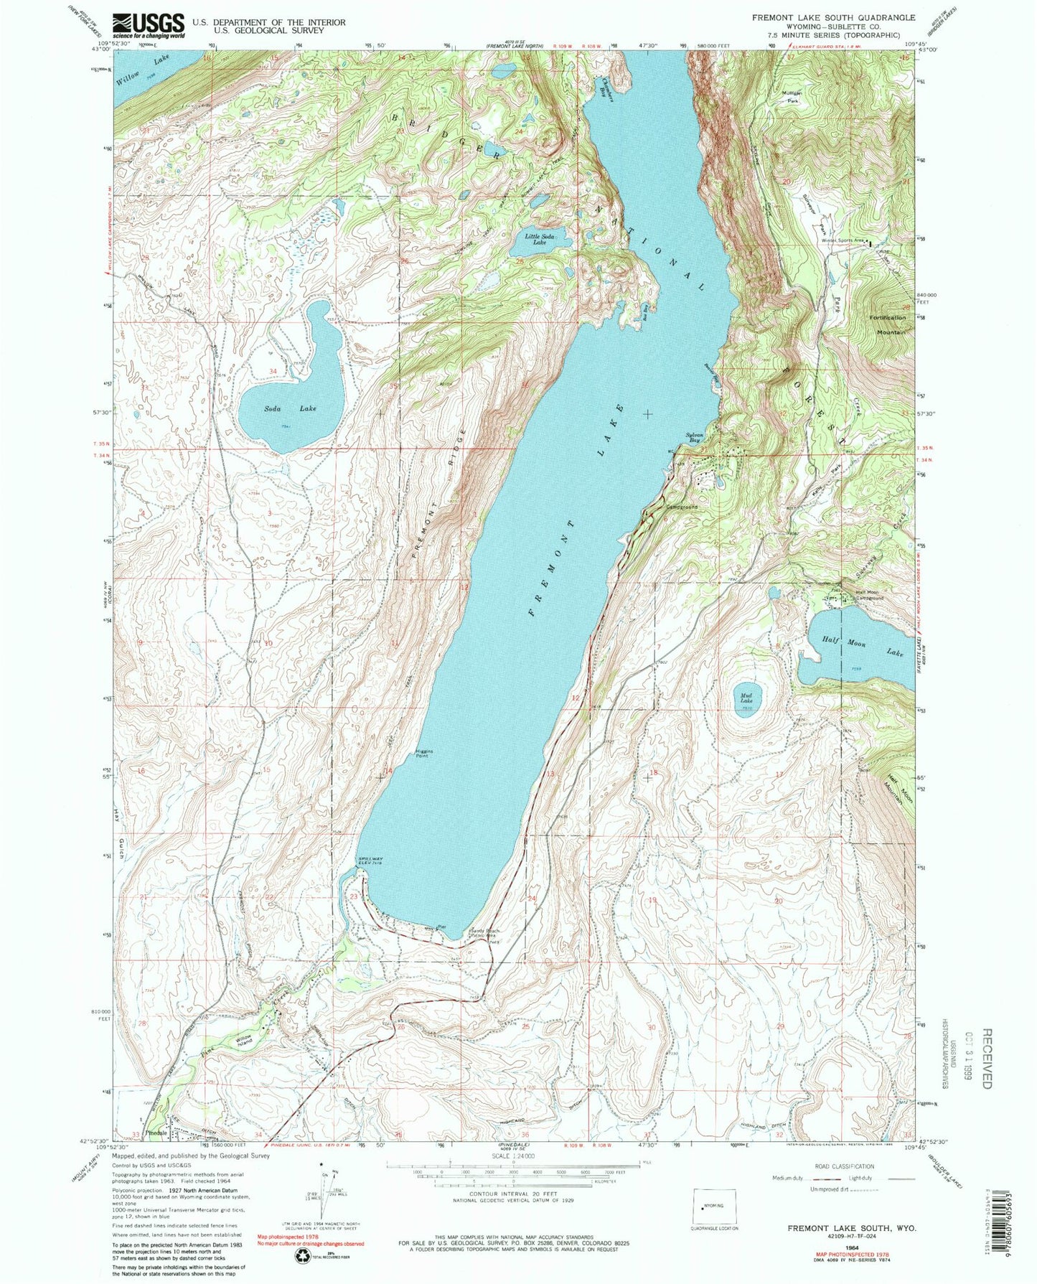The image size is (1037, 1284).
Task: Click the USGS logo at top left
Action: click(x=149, y=26)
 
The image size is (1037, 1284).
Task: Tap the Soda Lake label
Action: click(x=290, y=408)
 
